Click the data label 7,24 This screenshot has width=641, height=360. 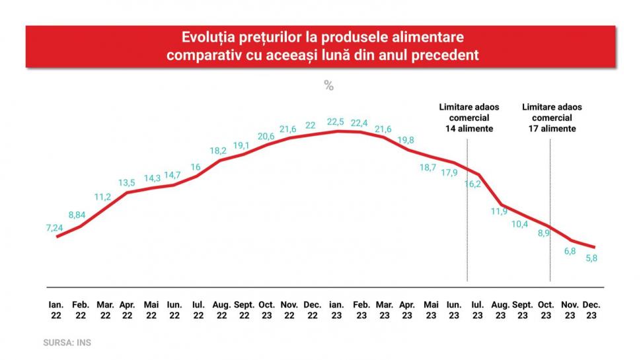point(54,227)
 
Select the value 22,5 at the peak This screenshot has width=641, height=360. point(336,122)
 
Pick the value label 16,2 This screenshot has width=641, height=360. point(472,184)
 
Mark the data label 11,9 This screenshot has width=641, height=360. point(499,211)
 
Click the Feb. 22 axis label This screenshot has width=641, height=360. point(81,310)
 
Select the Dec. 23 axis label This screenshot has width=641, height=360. point(591,310)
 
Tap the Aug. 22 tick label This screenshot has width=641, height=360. point(221,310)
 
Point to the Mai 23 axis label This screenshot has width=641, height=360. point(431,310)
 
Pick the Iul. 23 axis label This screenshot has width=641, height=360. point(478,310)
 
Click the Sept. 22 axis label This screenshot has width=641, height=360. point(245,310)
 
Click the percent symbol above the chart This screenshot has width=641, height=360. point(328,85)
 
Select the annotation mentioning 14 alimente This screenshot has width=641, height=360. point(469,118)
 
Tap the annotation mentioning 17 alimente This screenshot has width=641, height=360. point(552,118)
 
